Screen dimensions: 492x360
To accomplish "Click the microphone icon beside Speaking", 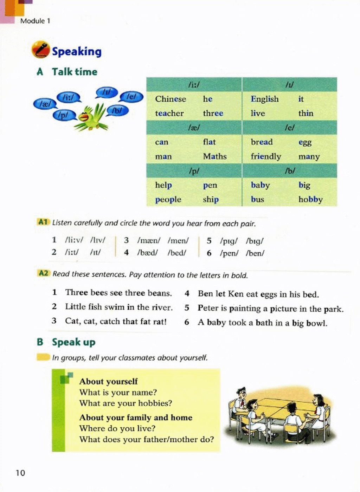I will [40, 50].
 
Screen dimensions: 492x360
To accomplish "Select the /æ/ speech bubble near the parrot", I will [45, 104].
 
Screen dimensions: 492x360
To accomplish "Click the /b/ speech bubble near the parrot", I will [117, 110].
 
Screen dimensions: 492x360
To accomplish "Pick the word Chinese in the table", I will [171, 99].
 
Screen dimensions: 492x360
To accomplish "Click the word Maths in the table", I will [214, 156].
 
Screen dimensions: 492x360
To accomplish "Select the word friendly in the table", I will [266, 156].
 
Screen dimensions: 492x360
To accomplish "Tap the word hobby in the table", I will [310, 200].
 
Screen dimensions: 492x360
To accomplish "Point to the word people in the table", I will [168, 200].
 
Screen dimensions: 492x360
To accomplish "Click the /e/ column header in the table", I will [289, 128].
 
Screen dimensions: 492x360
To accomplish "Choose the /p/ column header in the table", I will [194, 171].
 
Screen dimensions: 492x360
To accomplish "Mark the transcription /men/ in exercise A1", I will [178, 241].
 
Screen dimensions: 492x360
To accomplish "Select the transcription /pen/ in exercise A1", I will [229, 253].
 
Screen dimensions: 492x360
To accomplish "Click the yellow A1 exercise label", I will [43, 222].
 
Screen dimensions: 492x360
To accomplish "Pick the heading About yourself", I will [108, 382].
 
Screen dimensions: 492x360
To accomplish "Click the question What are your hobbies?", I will [126, 403].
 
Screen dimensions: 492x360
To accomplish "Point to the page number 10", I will [20, 473].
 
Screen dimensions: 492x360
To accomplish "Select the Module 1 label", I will [35, 21].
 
